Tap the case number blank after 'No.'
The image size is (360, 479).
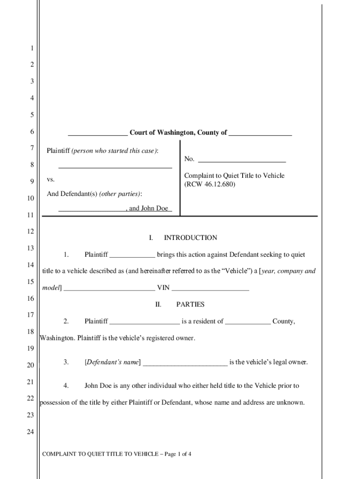242,159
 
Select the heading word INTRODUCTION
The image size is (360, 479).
190,238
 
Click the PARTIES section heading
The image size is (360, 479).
190,305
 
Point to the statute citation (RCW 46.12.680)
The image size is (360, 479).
210,184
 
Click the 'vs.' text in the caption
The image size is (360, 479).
51,180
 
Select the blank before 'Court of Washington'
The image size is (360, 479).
98,133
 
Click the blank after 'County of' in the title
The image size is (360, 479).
260,133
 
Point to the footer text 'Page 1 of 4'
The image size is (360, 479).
177,454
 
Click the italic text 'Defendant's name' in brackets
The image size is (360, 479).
113,362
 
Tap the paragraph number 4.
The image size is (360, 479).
66,386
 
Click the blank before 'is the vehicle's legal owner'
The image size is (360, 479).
185,362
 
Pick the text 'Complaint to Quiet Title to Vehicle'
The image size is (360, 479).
234,175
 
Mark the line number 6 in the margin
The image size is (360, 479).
32,132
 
